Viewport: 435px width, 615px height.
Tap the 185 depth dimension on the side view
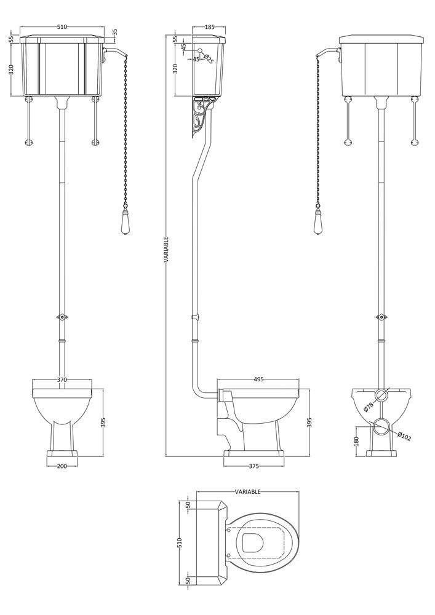tap(209, 27)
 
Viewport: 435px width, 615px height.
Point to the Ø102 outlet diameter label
tap(404, 437)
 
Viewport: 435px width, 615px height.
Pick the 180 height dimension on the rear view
tap(356, 441)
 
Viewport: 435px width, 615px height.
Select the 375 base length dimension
tap(253, 466)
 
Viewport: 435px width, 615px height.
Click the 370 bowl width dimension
tap(62, 379)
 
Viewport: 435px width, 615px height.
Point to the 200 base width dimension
tap(62, 466)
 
